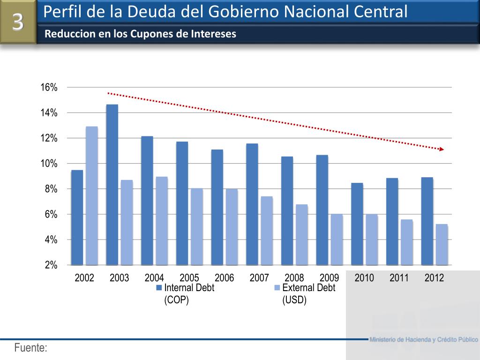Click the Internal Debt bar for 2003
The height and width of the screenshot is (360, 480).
tap(112, 185)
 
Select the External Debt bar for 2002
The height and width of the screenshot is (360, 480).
tap(92, 195)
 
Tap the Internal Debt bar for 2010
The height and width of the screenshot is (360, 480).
tap(357, 224)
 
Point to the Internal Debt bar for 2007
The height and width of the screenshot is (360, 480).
tap(252, 204)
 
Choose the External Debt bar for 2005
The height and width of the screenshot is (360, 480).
tap(197, 226)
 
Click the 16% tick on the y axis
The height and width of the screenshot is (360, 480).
tap(49, 88)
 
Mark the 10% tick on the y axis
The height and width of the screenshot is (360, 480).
tap(49, 164)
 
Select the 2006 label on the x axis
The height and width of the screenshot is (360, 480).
tap(225, 278)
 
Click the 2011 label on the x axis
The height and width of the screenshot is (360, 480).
tap(399, 278)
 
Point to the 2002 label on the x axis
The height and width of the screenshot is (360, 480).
tap(84, 278)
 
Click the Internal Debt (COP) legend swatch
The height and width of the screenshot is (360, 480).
tap(159, 288)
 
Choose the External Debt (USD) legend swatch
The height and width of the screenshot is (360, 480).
tap(277, 288)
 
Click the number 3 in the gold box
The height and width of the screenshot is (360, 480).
tap(18, 22)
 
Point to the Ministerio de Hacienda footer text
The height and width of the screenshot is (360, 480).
tap(424, 339)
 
